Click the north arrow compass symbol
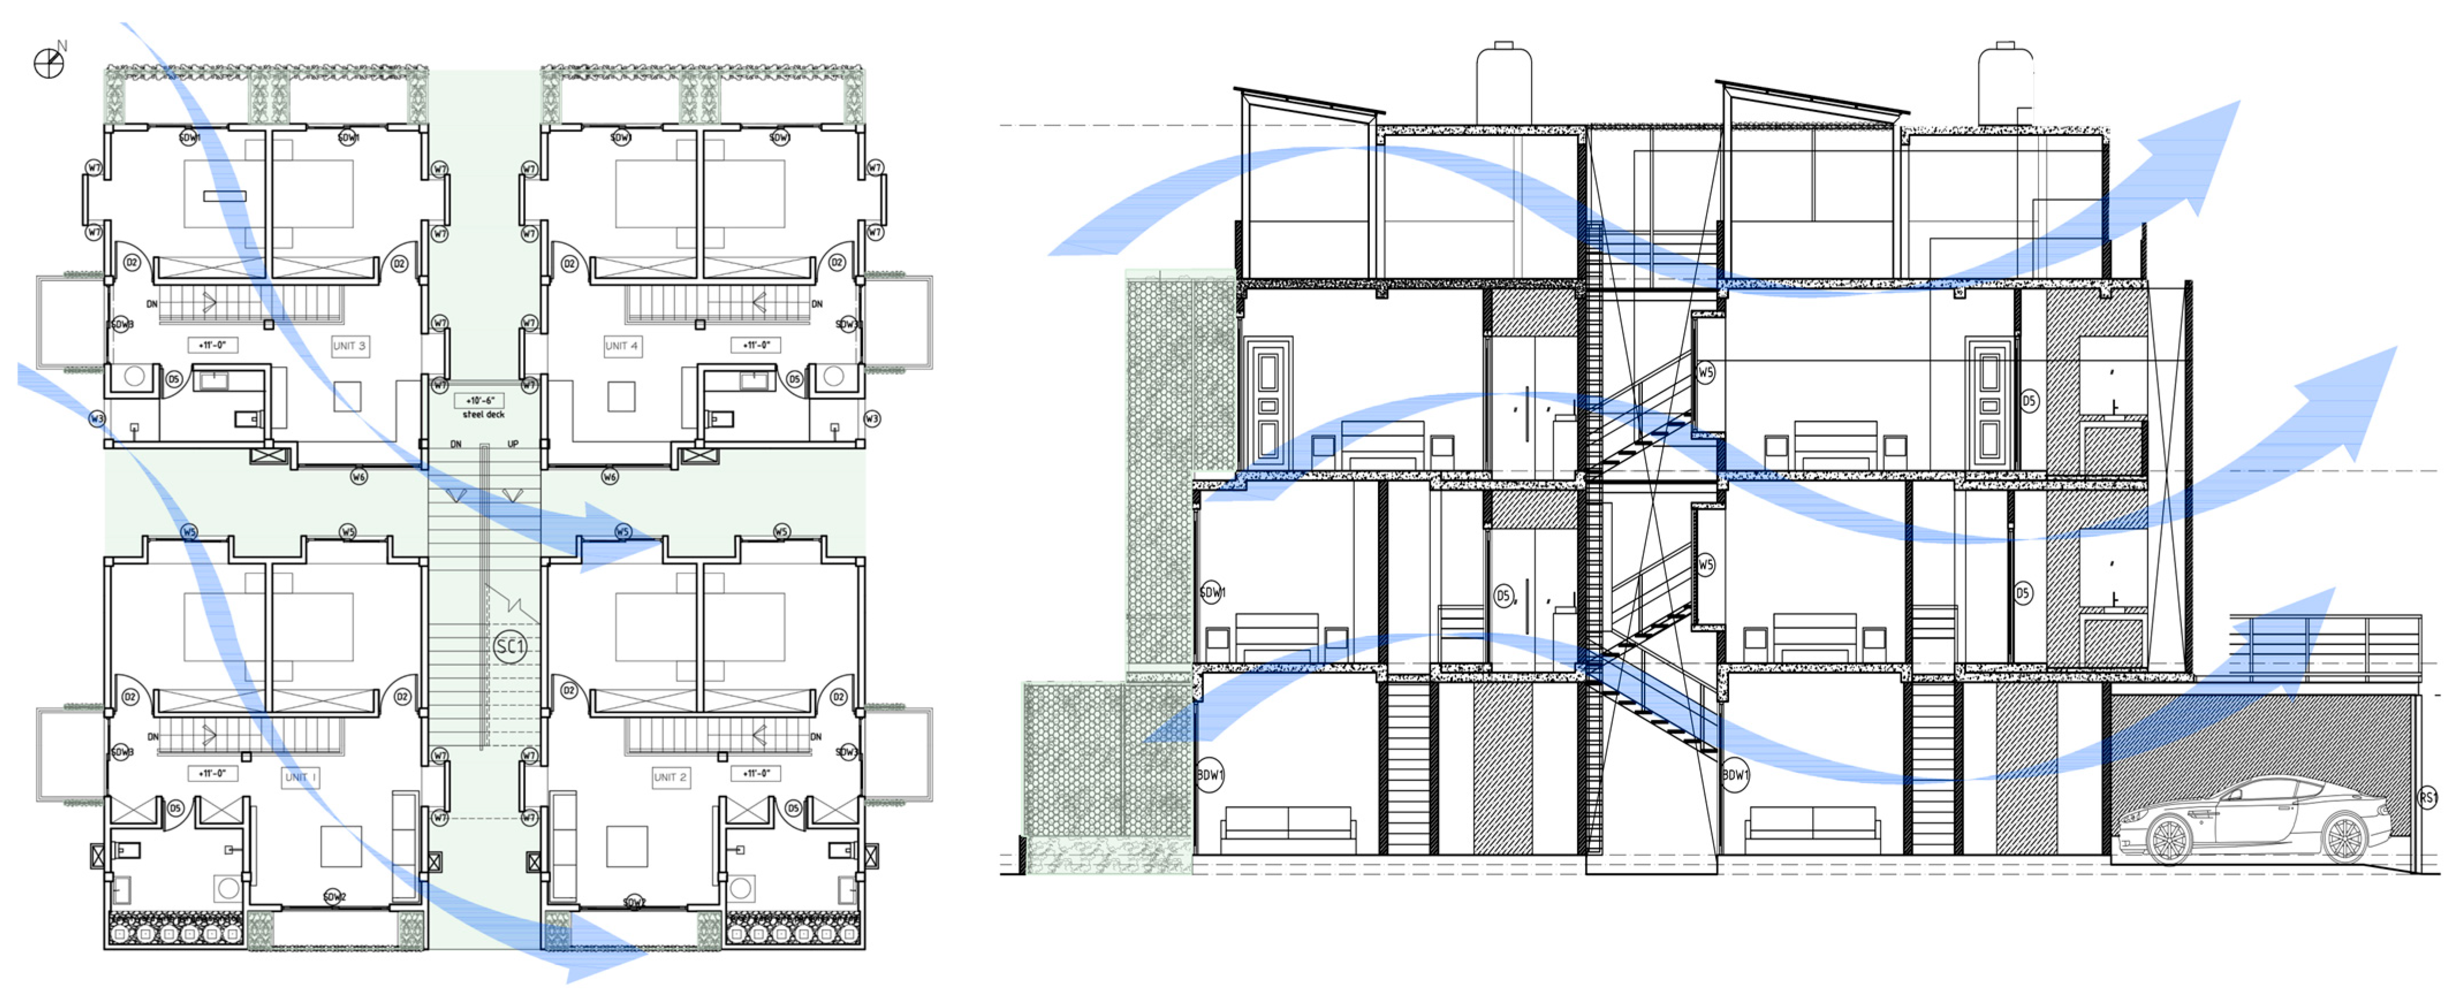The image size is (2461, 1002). pos(48,63)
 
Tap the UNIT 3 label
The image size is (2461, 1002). pos(349,346)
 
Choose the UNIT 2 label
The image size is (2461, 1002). pos(670,776)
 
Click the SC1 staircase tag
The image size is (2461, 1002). pos(510,647)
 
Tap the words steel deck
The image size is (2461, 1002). pos(484,414)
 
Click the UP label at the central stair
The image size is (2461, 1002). pos(513,444)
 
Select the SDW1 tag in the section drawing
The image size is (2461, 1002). pos(1211,592)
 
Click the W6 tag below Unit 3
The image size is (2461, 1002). pos(358,476)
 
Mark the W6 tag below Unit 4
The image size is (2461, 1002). pos(610,476)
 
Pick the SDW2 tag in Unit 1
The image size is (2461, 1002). pos(333,897)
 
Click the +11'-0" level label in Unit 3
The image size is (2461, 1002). pos(212,345)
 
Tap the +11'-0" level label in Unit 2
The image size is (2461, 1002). pos(755,773)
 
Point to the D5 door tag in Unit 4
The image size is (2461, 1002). pos(794,379)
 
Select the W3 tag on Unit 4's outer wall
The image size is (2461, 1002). pos(871,418)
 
